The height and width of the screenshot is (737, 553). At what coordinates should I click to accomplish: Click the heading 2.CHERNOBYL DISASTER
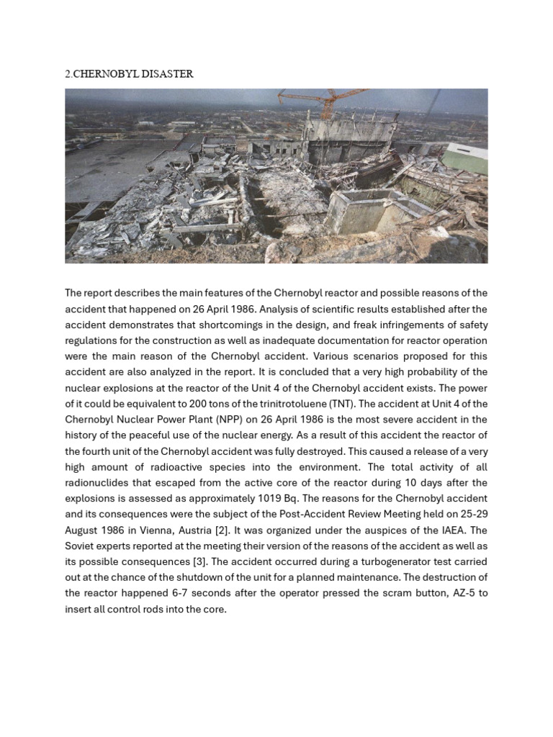(129, 74)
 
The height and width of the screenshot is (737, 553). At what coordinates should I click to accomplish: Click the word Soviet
(80, 546)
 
